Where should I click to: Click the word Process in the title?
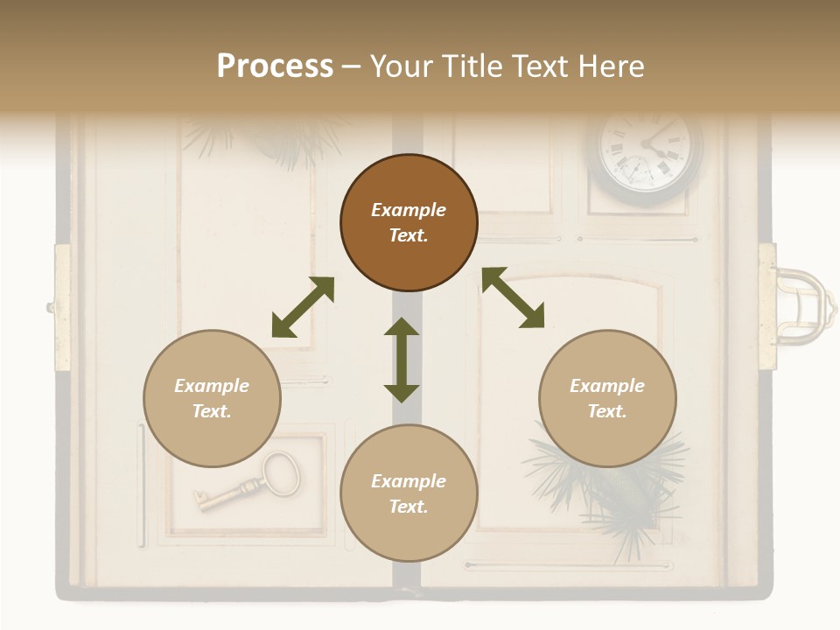[275, 66]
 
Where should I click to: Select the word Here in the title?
[609, 66]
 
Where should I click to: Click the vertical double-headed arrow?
[402, 360]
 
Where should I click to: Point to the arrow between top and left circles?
[303, 307]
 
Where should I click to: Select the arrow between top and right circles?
[513, 298]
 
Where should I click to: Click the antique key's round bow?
[281, 473]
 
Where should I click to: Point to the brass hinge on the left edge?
[62, 307]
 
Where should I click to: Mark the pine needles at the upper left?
[262, 140]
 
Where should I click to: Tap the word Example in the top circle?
[409, 210]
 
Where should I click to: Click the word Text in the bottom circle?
[409, 507]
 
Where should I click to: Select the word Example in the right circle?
[607, 386]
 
